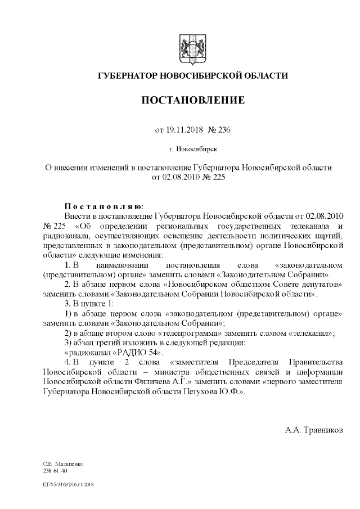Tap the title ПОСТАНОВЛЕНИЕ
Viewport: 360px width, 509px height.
pos(192,101)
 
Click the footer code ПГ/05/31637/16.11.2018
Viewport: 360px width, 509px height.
pos(68,483)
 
